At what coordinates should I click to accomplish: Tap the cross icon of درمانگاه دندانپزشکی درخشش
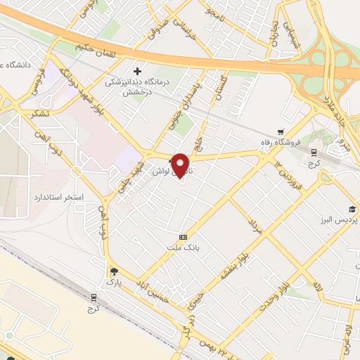coord(138,71)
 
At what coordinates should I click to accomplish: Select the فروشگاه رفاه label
coord(300,142)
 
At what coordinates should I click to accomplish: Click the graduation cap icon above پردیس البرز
coord(351,210)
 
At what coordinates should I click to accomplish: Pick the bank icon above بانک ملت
coord(184,237)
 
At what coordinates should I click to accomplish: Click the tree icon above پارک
coord(114,271)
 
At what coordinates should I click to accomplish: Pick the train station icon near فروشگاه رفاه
coord(314,152)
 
